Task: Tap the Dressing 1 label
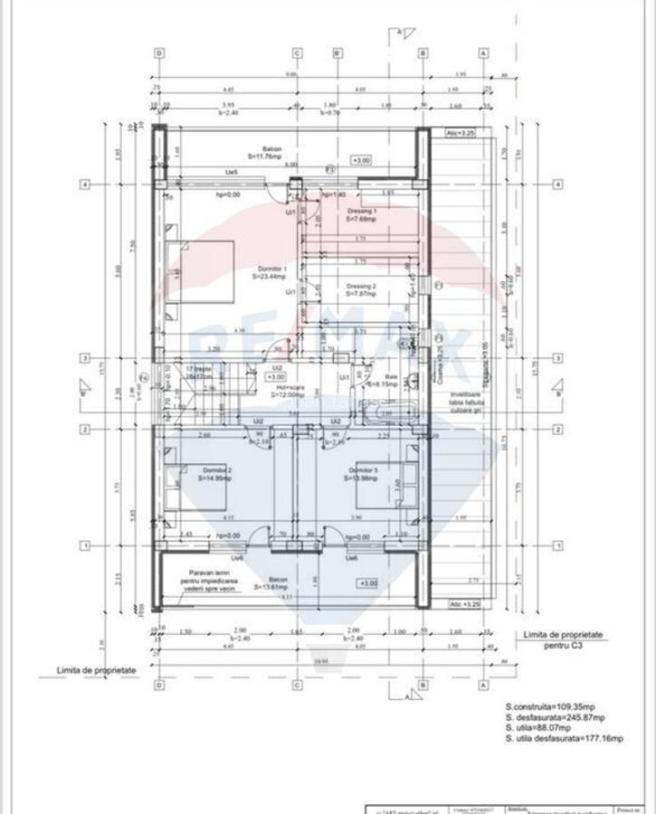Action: (361, 210)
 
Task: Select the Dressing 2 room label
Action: (361, 286)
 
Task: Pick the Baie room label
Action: (391, 376)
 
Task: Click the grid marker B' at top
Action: (337, 52)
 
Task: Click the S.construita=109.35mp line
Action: (550, 705)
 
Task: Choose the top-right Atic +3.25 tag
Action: (460, 132)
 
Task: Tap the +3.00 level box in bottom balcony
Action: (368, 583)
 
